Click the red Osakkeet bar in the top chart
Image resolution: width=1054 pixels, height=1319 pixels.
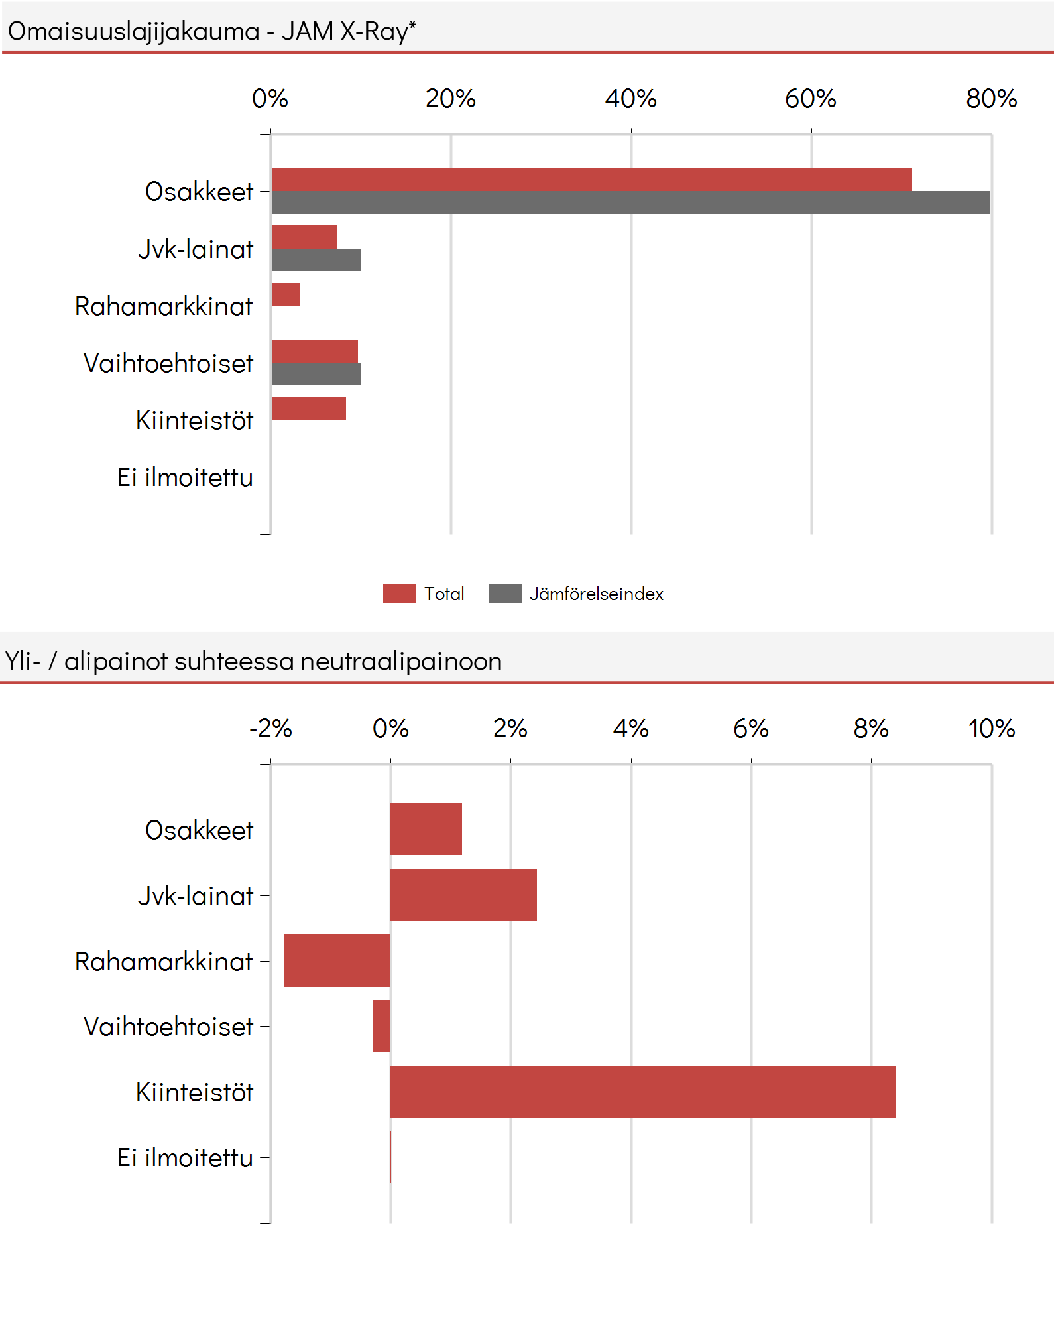pos(592,180)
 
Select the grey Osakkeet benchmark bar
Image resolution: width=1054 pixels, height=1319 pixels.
pos(630,203)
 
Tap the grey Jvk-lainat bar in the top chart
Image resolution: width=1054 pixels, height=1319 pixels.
pos(316,260)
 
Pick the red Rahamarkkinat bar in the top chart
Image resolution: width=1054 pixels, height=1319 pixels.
pos(286,294)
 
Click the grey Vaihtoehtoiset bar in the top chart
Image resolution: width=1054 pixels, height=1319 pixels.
pos(316,374)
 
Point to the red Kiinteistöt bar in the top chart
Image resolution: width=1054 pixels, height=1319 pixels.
pos(309,408)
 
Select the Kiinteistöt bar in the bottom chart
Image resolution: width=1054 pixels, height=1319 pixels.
pos(643,1092)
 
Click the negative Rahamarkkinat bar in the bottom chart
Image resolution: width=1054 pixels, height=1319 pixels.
pos(337,960)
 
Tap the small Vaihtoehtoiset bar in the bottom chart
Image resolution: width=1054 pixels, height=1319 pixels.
pos(382,1026)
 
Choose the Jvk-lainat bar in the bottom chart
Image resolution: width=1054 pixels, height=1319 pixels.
pos(463,895)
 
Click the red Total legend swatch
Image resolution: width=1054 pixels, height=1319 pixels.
pos(400,593)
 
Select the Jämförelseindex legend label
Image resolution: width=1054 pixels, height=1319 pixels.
pos(596,594)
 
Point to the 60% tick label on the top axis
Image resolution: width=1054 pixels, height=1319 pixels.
pos(811,99)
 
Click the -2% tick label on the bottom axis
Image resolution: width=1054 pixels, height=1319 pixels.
pos(270,729)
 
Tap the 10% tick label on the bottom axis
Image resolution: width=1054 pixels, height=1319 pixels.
pos(991,729)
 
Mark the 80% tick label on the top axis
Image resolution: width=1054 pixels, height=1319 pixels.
pos(991,99)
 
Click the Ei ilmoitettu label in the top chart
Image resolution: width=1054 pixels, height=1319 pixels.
pos(185,477)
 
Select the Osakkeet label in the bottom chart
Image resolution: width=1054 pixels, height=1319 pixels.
pos(199,830)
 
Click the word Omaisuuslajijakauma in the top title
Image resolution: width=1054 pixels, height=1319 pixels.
pos(133,31)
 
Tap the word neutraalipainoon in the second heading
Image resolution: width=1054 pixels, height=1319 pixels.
pos(401,661)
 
